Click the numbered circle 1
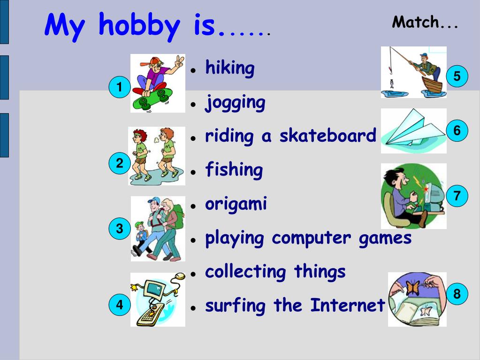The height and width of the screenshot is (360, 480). pos(119,87)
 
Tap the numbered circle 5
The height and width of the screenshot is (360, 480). pos(457,76)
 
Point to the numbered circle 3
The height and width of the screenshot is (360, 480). pos(119,229)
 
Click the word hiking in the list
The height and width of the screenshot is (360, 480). pos(230,69)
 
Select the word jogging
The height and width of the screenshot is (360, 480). pos(235,103)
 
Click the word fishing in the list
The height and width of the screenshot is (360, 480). pos(234,170)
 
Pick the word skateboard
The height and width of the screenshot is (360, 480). pos(328,136)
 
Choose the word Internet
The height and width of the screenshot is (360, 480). pos(347,306)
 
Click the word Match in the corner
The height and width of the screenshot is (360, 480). pos(415,22)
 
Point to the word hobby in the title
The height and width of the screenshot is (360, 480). pos(138,26)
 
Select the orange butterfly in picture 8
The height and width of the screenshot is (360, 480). pos(412,287)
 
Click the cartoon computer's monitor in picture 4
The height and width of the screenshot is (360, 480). pos(154,291)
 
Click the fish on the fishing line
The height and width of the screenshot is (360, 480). pos(390,84)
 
